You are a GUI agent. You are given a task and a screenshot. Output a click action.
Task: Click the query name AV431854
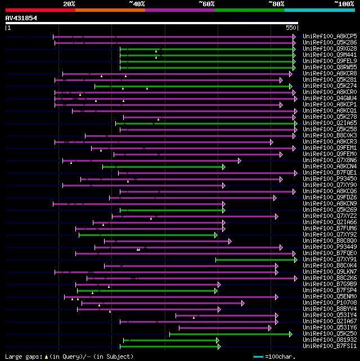[21, 18]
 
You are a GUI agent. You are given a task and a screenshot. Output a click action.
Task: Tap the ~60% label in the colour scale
[206, 3]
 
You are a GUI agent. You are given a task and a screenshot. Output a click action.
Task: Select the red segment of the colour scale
[40, 10]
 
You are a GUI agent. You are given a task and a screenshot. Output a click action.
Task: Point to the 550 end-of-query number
[291, 27]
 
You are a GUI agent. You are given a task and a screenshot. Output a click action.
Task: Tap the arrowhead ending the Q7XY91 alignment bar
[295, 259]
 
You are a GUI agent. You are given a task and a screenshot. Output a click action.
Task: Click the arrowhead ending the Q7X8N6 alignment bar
[239, 160]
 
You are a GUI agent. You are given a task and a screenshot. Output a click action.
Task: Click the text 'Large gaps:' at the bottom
[22, 356]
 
